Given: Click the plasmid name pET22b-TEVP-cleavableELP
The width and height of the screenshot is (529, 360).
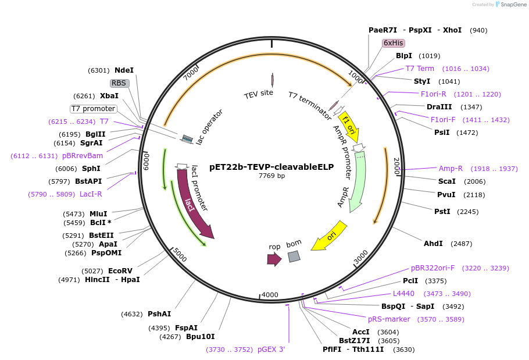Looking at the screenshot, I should point(271,166).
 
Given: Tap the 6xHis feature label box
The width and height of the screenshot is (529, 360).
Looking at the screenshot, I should point(393,43).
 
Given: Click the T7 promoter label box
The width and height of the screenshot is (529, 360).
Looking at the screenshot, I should point(93,109).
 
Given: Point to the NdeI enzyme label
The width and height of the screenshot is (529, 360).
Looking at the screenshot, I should point(124,70).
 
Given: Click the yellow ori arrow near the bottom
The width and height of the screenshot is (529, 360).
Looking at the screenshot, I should point(329,236).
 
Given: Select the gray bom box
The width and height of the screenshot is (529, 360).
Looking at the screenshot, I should point(294,256).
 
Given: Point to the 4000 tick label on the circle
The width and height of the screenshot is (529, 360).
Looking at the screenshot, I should point(270,295).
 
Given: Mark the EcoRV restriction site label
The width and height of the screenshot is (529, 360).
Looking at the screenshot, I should point(120,270).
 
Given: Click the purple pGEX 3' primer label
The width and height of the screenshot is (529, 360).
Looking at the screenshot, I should point(271,350).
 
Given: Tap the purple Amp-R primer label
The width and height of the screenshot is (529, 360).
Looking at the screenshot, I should point(451,169).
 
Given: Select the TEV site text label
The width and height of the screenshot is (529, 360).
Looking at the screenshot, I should point(258,93).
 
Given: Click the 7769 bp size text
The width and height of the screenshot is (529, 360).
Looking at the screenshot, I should point(271,176).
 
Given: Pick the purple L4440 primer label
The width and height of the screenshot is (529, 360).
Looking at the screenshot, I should point(403,294).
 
